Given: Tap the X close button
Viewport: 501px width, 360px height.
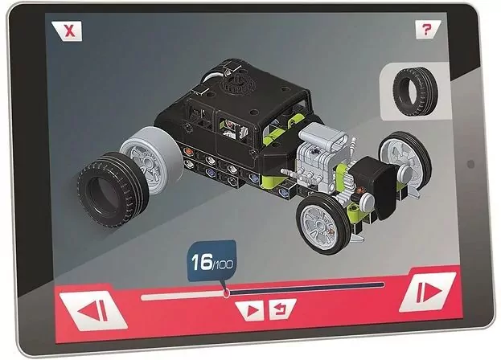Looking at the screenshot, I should [71, 32].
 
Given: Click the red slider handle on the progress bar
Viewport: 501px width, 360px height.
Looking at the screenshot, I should [227, 293].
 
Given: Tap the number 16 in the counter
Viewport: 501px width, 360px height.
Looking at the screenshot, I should [201, 261].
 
